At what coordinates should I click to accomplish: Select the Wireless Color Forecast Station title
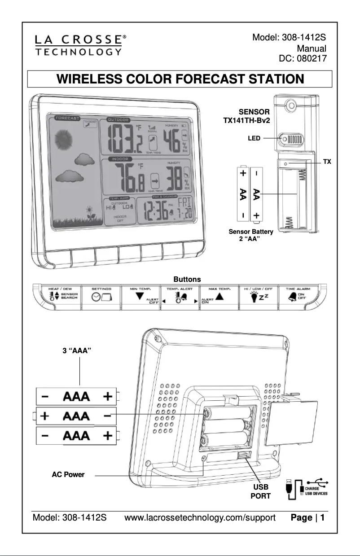pos(180,79)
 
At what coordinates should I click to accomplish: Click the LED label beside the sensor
pos(254,139)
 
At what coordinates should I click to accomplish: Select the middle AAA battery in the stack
pos(75,416)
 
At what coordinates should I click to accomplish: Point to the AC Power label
pos(68,474)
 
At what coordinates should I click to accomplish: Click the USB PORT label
pos(260,492)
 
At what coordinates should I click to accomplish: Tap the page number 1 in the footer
pos(322,518)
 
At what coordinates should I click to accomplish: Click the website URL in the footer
pos(200,518)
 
